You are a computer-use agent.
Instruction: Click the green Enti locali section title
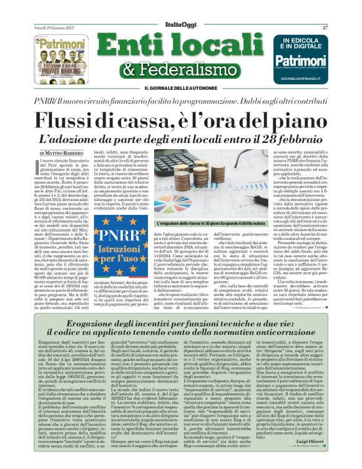[x=181, y=46]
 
